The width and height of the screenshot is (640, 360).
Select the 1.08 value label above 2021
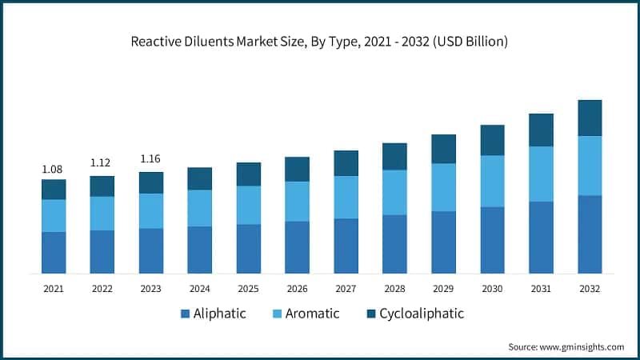pos(53,169)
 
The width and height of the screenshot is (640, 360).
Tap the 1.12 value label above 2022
pos(102,162)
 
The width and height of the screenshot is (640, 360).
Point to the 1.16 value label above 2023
pos(150,158)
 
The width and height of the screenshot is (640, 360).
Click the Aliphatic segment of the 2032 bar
pos(590,234)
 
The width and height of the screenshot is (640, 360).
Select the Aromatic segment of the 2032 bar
pos(590,166)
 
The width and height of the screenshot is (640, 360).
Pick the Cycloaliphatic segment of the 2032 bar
pos(590,118)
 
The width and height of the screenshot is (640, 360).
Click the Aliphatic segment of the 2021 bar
pos(54,253)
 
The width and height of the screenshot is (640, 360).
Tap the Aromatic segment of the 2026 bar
pos(297,201)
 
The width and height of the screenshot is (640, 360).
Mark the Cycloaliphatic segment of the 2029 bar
pos(443,149)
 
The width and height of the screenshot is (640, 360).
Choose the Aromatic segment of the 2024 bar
pos(199,208)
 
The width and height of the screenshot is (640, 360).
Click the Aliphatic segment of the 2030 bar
pos(492,240)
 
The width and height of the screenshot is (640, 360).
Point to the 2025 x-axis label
pos(248,288)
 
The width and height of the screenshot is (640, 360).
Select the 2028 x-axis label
pos(394,288)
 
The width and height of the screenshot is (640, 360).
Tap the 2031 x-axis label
pos(541,288)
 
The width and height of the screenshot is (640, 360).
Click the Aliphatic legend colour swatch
pos(186,314)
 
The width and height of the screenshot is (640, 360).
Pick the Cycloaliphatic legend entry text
pos(422,314)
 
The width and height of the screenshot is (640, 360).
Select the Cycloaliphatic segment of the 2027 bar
pos(346,162)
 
